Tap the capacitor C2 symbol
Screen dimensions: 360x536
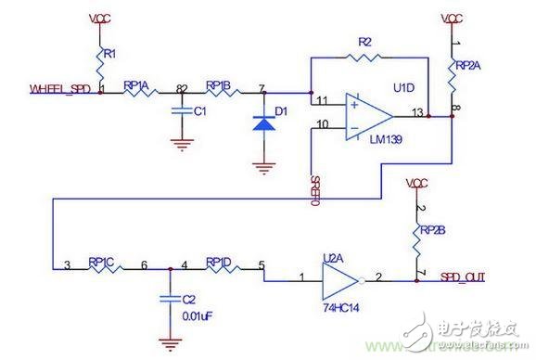tap(168, 299)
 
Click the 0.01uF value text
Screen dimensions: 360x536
tap(196, 315)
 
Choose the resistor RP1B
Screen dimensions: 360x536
tap(222, 92)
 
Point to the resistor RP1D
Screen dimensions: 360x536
tap(223, 270)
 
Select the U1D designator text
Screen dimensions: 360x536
tap(402, 87)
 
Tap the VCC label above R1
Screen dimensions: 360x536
tap(100, 19)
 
